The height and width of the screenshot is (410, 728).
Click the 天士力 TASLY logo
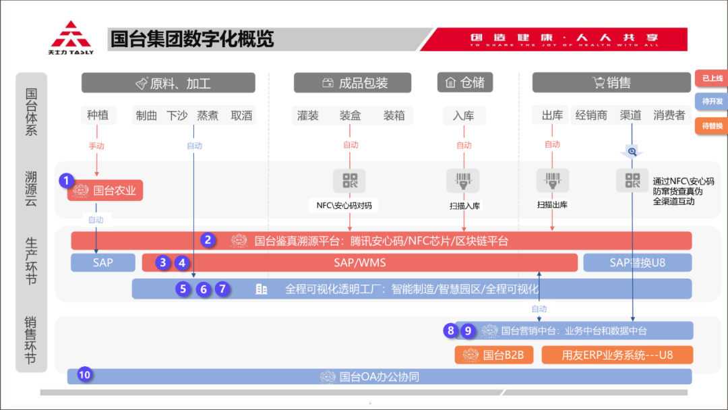point(71,38)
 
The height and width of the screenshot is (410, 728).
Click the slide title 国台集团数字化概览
point(192,39)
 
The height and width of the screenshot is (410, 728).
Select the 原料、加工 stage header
point(169,83)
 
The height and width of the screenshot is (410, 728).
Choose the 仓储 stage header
point(464,82)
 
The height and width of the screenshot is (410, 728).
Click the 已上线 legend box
point(711,79)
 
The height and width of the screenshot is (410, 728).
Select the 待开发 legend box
point(711,101)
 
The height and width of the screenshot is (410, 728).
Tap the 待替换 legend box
point(711,125)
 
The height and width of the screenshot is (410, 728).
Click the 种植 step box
point(98,115)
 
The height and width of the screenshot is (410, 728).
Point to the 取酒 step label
point(241,115)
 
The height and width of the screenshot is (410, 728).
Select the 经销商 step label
point(591,115)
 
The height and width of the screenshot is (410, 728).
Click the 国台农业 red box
point(105,190)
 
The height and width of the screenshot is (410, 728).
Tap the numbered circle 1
point(65,180)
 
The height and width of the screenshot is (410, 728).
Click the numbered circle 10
point(84,374)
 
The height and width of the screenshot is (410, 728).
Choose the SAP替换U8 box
point(637,262)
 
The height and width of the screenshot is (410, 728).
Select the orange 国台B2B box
point(494,355)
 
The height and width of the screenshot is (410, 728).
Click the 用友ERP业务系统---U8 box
point(617,355)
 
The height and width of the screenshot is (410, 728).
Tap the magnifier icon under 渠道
point(632,152)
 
